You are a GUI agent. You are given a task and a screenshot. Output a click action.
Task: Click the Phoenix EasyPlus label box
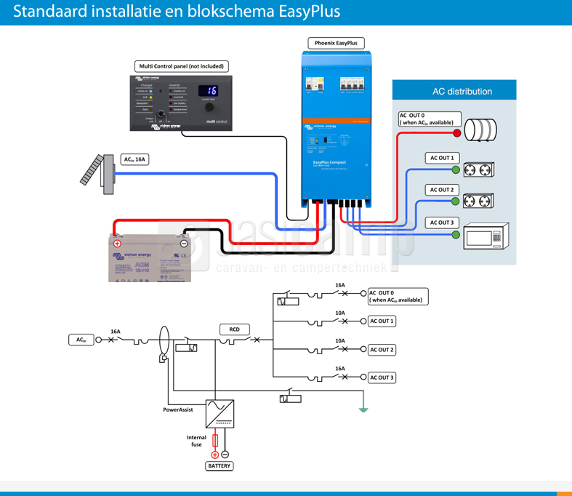point(335,44)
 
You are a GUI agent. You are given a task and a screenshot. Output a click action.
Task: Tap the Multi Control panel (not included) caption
point(182,66)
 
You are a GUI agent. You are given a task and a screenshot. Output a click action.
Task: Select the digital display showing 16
point(209,91)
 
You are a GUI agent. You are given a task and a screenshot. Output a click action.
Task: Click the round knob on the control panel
point(209,108)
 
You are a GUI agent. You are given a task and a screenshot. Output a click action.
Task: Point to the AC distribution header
point(462,92)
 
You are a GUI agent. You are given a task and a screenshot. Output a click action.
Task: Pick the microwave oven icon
point(483,236)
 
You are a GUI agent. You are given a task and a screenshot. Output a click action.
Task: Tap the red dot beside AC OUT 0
point(457,133)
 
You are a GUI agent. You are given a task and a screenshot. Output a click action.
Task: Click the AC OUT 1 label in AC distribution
point(441,158)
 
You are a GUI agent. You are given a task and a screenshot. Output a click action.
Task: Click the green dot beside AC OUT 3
point(456,233)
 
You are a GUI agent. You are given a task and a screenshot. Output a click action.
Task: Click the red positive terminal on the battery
point(117,244)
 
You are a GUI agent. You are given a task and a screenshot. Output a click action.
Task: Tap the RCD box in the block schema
point(235,329)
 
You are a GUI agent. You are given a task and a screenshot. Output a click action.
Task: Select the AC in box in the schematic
point(81,340)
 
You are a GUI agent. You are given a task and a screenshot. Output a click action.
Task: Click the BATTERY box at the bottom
point(219,465)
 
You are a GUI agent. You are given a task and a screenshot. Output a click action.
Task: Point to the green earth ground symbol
point(363,409)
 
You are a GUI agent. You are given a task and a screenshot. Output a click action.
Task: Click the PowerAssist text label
point(177,410)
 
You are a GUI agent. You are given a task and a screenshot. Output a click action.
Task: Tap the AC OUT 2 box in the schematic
point(382,350)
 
